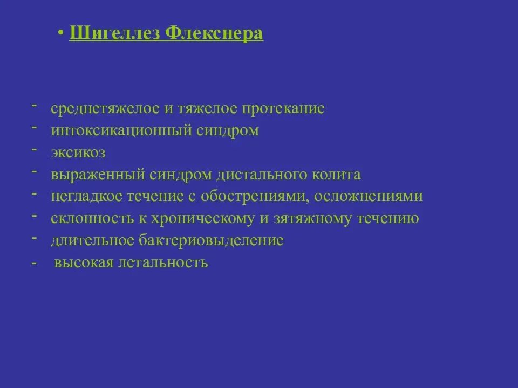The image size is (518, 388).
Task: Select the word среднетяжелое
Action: (x=105, y=108)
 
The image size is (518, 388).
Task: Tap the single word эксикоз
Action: (x=78, y=153)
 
